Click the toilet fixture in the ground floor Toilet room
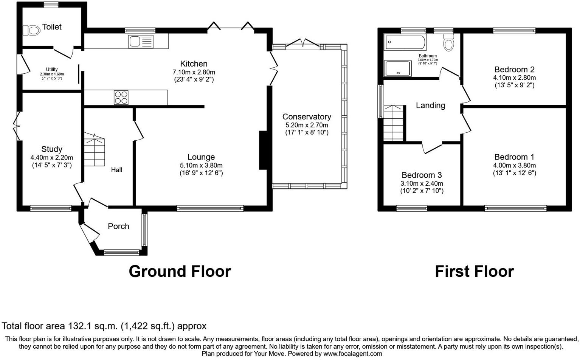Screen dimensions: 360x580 [32, 30]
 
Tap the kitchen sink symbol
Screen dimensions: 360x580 [141, 41]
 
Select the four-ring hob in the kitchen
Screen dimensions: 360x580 [121, 97]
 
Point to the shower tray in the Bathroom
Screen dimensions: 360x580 [397, 68]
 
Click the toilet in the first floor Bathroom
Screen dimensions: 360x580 [449, 42]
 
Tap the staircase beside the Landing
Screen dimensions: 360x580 [394, 123]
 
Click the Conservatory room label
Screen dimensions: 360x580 [306, 117]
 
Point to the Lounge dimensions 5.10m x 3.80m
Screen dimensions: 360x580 [201, 165]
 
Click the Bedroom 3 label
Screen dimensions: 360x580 [422, 175]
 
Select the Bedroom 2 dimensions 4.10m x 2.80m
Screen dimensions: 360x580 [514, 78]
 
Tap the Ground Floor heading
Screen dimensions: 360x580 [180, 272]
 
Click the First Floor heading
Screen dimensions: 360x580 [474, 272]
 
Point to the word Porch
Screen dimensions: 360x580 [118, 226]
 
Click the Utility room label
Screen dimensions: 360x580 [52, 69]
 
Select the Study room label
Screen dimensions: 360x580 [52, 149]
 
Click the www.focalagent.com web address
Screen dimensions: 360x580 [353, 354]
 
